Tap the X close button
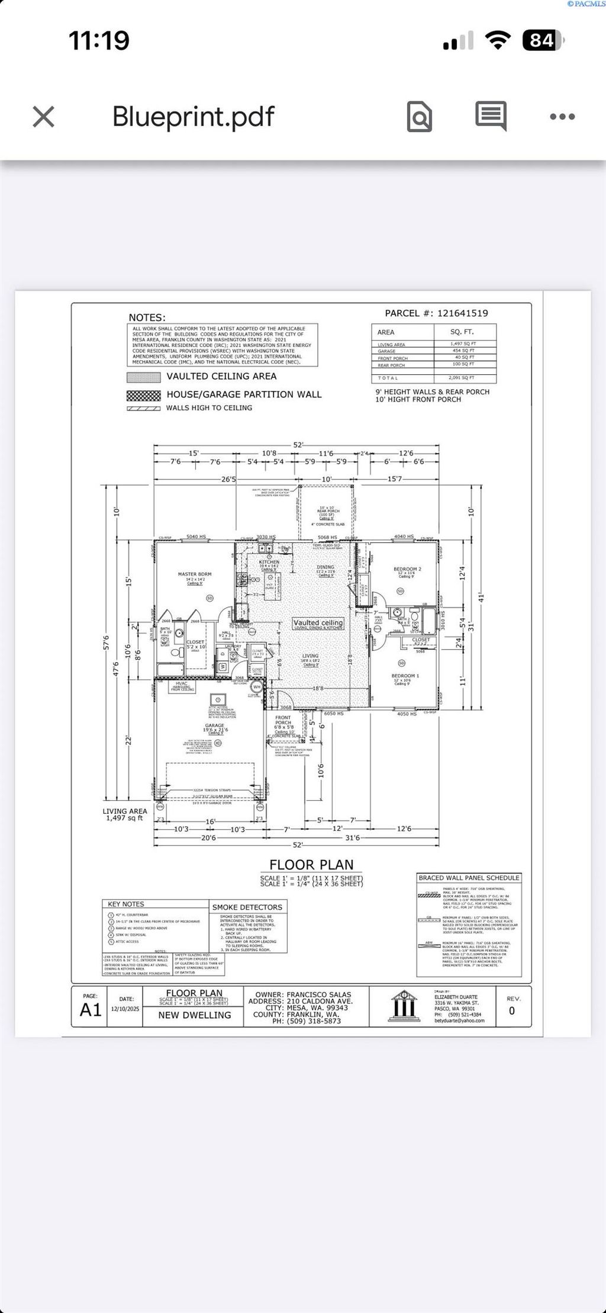coord(44,117)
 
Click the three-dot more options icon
coord(562,117)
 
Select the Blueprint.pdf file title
coord(194,116)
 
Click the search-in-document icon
coord(419,117)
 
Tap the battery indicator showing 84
coord(541,41)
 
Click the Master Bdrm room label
coord(195,574)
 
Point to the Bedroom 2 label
coord(407,569)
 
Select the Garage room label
coord(215,725)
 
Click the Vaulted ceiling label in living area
coord(318,622)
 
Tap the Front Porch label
coord(283,720)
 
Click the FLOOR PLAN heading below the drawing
coord(311,865)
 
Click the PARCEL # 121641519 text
coord(436,313)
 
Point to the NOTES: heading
coord(147,318)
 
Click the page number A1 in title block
coord(91,1010)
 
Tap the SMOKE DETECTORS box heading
coord(247,907)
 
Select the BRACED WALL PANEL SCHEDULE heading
coord(469,878)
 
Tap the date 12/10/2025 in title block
coord(125,1008)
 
